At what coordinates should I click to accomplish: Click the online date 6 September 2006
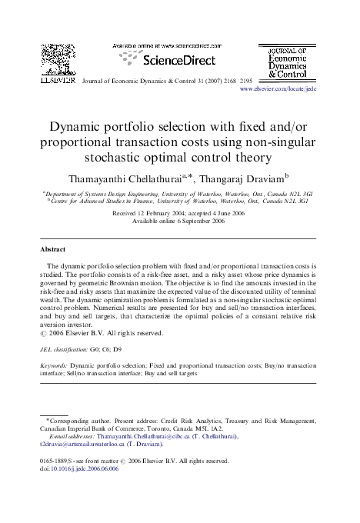pyautogui.click(x=192, y=221)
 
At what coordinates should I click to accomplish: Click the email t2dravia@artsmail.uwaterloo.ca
pyautogui.click(x=82, y=445)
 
